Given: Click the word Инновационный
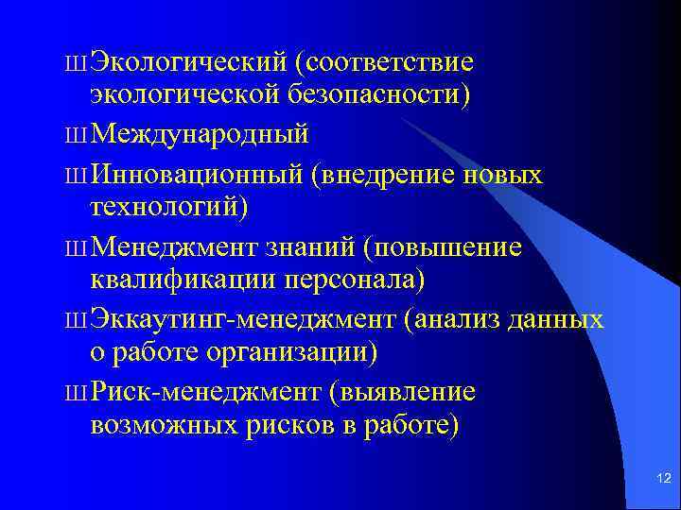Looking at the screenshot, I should click(x=200, y=175).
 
